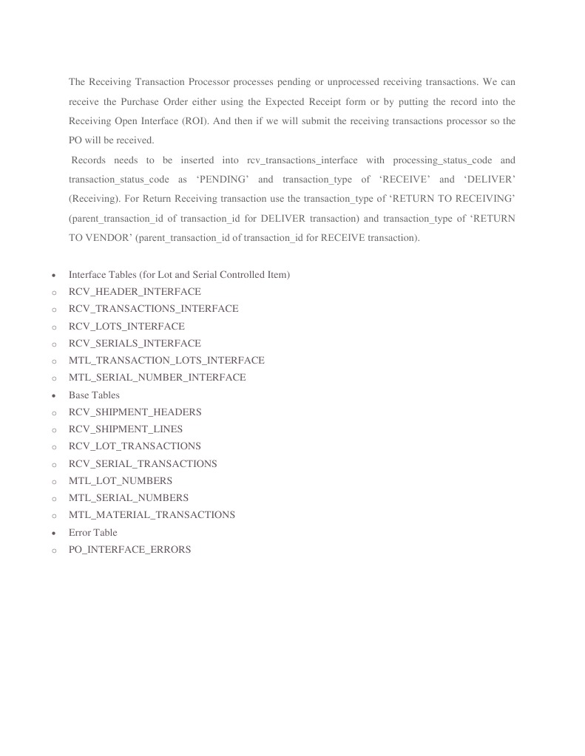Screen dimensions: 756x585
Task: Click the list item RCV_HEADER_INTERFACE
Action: coord(135,292)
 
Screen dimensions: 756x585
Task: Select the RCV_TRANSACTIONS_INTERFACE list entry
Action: coord(153,309)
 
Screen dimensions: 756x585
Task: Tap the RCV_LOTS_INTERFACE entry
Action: coord(126,326)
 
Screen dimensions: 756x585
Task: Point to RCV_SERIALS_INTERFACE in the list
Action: coord(135,343)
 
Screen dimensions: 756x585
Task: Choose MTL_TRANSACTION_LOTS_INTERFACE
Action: coord(166,360)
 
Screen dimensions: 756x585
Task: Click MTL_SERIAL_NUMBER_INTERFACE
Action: coord(157,377)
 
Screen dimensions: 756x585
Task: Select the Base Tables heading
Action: coord(94,395)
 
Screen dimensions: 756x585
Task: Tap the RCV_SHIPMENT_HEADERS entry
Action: coord(135,412)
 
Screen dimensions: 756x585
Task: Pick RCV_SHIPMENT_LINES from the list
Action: coord(125,429)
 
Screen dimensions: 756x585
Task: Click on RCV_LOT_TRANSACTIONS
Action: coord(135,446)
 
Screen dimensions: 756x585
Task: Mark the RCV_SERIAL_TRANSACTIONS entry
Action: coord(143,463)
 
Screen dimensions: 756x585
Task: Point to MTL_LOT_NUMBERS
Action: coord(121,480)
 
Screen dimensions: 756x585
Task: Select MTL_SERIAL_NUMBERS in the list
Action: coord(129,497)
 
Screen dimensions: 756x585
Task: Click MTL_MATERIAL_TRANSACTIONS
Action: coord(152,514)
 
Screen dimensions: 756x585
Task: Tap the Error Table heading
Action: coord(93,532)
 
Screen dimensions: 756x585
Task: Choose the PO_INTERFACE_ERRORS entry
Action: coord(129,549)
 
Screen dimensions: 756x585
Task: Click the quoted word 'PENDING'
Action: coord(223,180)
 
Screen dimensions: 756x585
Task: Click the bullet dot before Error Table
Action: coord(53,533)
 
